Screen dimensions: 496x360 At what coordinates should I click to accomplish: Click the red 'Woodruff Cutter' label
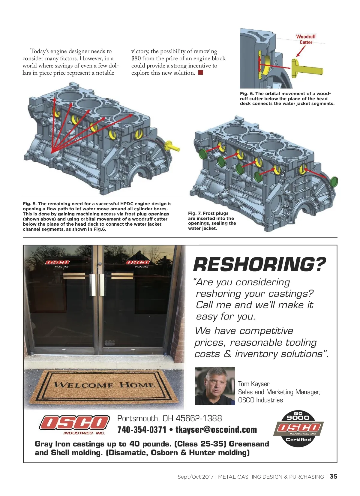pos(306,39)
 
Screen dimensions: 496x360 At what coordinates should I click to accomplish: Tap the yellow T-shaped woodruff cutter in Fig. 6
pos(306,68)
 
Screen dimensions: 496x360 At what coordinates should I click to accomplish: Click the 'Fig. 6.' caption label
pos(247,94)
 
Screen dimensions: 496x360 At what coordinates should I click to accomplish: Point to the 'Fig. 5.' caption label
pos(29,204)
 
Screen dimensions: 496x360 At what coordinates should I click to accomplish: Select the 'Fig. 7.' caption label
pos(194,213)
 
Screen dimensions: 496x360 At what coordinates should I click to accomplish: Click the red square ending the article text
pos(201,72)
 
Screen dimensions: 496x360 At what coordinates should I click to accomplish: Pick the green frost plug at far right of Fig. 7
pos(333,182)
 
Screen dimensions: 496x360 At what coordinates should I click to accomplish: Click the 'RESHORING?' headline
pos(259,264)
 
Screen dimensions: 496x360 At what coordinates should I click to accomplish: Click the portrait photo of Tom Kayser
pos(215,386)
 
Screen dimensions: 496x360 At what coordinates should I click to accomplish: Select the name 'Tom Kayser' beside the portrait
pos(253,384)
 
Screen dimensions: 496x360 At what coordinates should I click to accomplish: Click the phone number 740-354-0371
pos(142,430)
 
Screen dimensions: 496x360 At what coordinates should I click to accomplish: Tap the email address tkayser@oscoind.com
pos(216,430)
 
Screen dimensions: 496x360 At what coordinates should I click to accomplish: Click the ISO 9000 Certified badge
pos(298,428)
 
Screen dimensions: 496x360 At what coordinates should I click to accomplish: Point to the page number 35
pos(334,476)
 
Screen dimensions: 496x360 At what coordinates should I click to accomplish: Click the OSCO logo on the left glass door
pos(57,263)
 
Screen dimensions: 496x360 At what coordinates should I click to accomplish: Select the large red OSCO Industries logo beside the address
pos(74,424)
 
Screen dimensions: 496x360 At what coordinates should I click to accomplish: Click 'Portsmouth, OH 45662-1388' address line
pos(169,418)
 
